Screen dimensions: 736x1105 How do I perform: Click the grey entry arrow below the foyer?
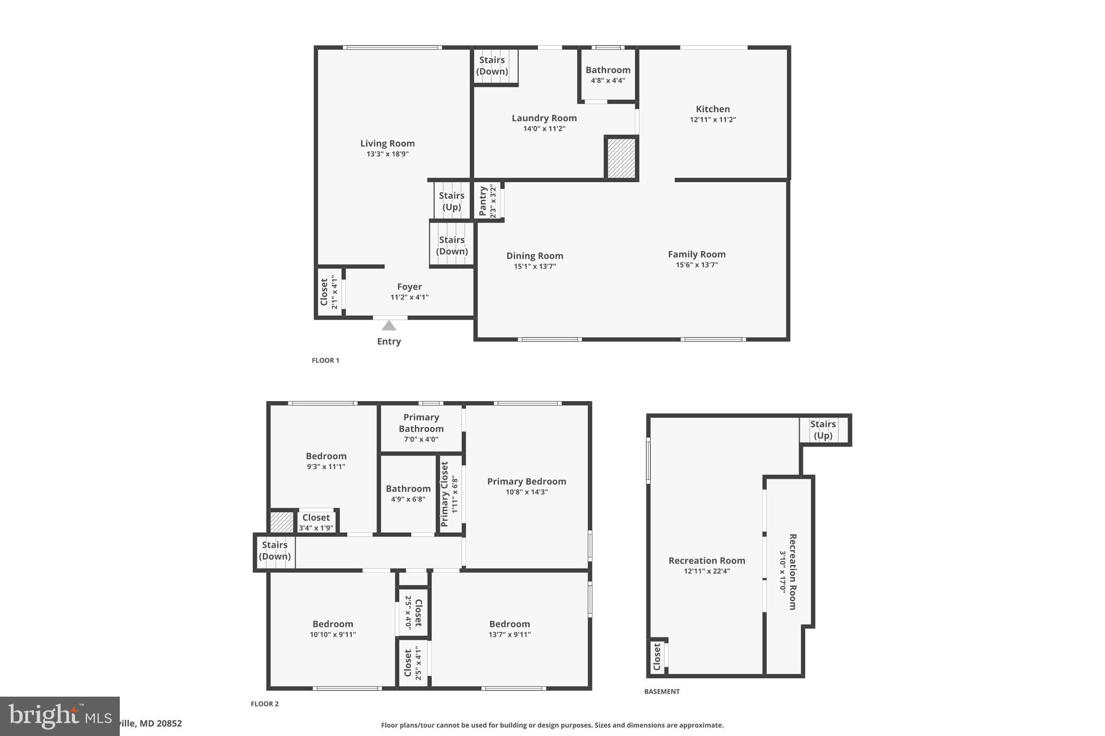pyautogui.click(x=389, y=326)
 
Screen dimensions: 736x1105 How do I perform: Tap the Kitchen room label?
pyautogui.click(x=712, y=109)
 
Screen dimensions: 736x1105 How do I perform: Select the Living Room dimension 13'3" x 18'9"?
pyautogui.click(x=387, y=154)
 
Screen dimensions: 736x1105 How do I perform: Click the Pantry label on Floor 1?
pyautogui.click(x=483, y=202)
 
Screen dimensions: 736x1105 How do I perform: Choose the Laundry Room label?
pyautogui.click(x=544, y=118)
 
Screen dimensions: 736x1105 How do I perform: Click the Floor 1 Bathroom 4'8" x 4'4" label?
pyautogui.click(x=608, y=74)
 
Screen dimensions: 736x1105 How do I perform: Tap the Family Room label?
pyautogui.click(x=697, y=254)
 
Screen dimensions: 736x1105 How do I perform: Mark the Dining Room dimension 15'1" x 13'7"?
pyautogui.click(x=535, y=266)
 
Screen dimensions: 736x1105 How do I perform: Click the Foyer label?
pyautogui.click(x=409, y=287)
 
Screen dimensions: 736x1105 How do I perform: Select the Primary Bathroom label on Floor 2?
pyautogui.click(x=421, y=423)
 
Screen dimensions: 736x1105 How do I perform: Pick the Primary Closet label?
pyautogui.click(x=445, y=494)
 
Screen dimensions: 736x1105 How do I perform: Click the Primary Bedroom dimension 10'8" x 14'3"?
pyautogui.click(x=527, y=492)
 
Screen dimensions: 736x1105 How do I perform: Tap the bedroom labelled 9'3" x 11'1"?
pyautogui.click(x=326, y=460)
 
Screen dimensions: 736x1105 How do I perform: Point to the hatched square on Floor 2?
pyautogui.click(x=282, y=522)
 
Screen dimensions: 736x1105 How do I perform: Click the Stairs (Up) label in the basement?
pyautogui.click(x=822, y=430)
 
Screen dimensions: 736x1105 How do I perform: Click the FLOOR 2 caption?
pyautogui.click(x=264, y=704)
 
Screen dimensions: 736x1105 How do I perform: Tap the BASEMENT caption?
pyautogui.click(x=661, y=691)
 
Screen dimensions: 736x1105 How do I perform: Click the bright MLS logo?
pyautogui.click(x=59, y=716)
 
